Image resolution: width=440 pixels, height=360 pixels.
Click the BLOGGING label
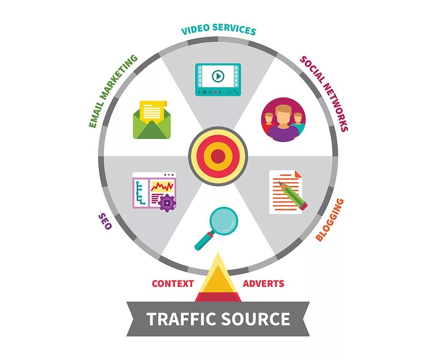pyautogui.click(x=330, y=220)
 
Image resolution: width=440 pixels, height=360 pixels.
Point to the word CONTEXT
pyautogui.click(x=173, y=283)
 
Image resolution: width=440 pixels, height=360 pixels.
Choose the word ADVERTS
pyautogui.click(x=264, y=283)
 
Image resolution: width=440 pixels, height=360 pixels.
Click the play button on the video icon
pyautogui.click(x=218, y=76)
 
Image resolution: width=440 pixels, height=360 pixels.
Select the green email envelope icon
pyautogui.click(x=151, y=125)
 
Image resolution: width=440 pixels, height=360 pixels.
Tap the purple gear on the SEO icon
pyautogui.click(x=167, y=202)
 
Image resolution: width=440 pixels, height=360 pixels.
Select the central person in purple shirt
pyautogui.click(x=283, y=125)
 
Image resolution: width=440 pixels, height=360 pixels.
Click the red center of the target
pyautogui.click(x=218, y=156)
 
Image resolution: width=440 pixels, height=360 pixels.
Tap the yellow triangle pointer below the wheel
pyautogui.click(x=218, y=277)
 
